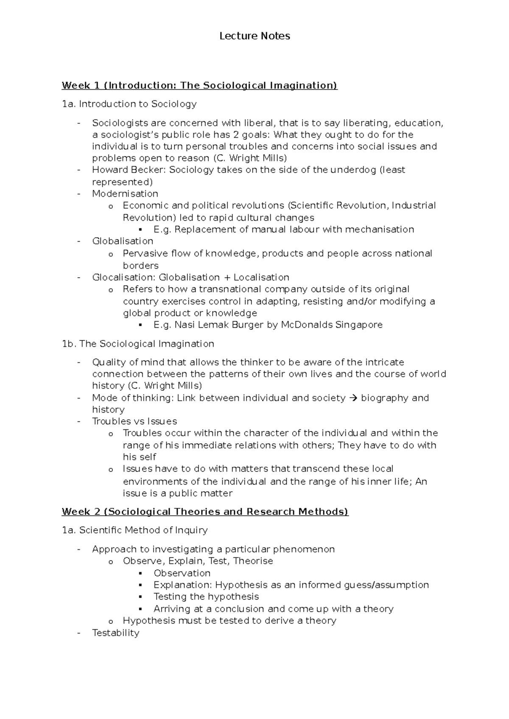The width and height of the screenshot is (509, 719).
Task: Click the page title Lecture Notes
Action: click(x=255, y=36)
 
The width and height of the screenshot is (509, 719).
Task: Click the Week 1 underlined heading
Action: click(x=199, y=85)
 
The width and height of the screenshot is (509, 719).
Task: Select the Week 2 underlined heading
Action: click(x=205, y=511)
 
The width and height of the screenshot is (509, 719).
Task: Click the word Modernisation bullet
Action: click(x=125, y=193)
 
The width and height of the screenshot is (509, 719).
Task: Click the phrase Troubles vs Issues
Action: click(x=134, y=421)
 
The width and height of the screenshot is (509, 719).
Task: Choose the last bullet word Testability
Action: click(x=115, y=633)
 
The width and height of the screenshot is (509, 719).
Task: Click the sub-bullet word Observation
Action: click(x=182, y=573)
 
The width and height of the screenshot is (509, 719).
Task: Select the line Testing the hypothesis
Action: click(x=206, y=596)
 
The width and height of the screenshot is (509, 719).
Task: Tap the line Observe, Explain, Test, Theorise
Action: click(x=198, y=561)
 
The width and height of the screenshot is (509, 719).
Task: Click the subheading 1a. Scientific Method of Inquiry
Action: click(x=134, y=530)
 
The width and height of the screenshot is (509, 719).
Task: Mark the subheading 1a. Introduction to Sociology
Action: click(x=129, y=104)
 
